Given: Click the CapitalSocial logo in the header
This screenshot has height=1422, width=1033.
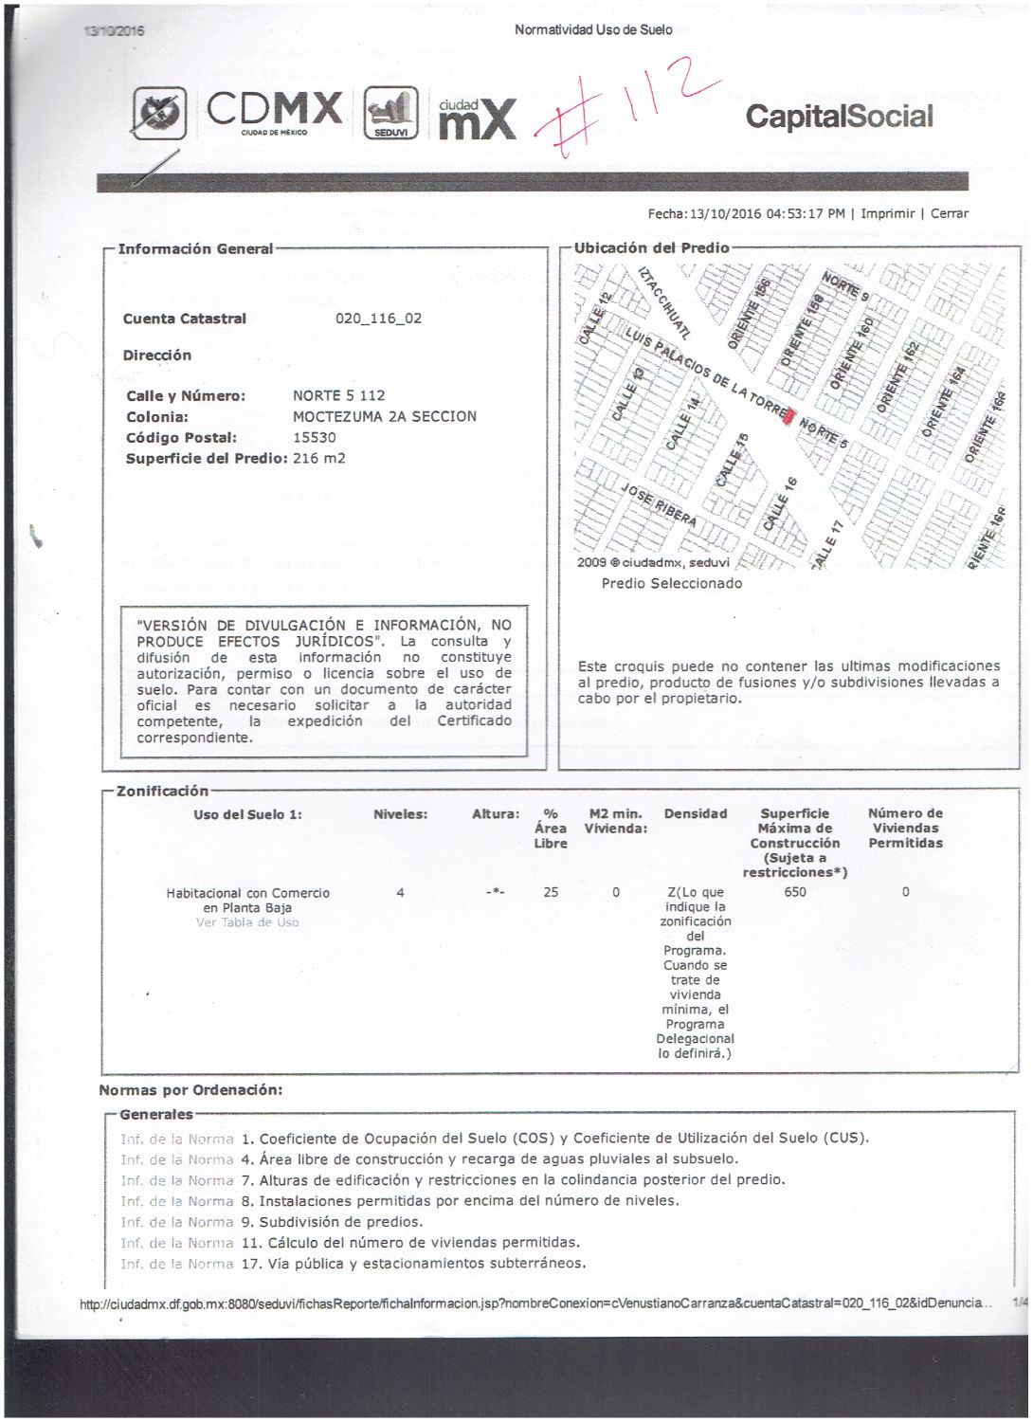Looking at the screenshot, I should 839,117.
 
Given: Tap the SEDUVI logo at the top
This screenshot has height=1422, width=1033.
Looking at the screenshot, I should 390,114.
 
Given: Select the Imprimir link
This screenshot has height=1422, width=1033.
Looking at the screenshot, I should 887,213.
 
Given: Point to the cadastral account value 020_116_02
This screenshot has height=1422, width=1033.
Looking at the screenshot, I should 378,319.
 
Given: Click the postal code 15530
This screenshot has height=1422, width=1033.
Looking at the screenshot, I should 315,437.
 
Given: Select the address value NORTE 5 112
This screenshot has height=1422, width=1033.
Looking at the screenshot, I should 338,395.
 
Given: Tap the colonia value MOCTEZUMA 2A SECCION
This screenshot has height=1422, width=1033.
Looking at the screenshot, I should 384,416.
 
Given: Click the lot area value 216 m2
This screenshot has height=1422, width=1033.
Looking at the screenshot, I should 318,458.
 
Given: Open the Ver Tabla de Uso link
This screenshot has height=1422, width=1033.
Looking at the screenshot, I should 246,922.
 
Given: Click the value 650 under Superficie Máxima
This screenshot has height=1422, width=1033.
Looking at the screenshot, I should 795,892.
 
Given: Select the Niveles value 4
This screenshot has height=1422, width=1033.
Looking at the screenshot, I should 400,892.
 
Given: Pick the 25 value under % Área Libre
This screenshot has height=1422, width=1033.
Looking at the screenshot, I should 551,892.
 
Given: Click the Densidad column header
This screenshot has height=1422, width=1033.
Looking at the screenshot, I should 696,813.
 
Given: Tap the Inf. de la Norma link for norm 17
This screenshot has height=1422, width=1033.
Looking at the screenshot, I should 176,1264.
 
